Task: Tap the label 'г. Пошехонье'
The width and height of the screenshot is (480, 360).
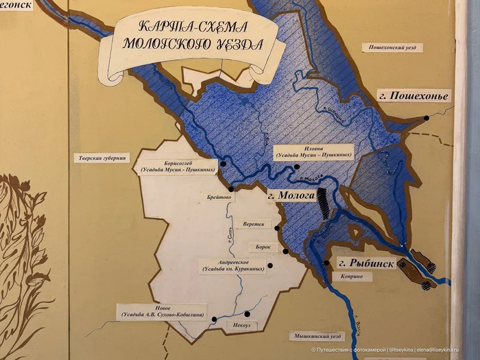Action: (413, 96)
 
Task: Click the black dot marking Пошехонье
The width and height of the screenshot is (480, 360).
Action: (427, 118)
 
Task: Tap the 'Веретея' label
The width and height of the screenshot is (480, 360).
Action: (254, 224)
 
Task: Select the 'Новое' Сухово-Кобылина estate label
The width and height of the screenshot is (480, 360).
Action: (162, 311)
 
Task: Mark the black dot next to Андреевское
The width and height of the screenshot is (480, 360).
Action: (270, 265)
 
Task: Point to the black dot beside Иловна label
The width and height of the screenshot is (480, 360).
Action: (297, 166)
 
